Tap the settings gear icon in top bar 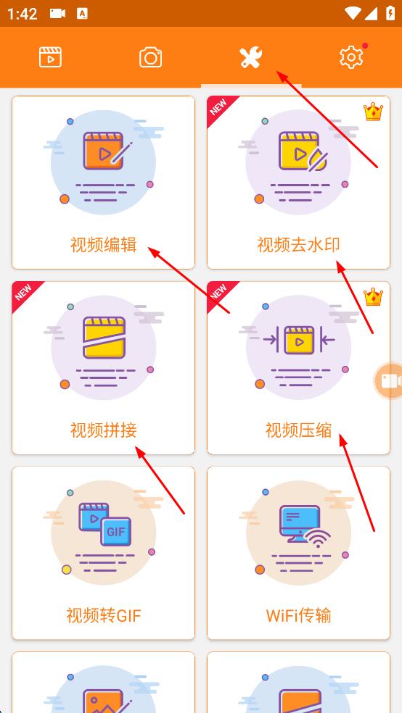point(351,57)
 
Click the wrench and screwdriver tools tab point(251,57)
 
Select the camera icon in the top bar point(151,57)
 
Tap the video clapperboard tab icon point(50,57)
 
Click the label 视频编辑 point(103,245)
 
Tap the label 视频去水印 point(298,245)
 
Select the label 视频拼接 point(103,430)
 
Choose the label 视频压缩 point(298,430)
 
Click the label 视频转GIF point(103,616)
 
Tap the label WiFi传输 point(298,616)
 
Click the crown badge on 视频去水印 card point(373,112)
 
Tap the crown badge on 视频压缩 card point(373,297)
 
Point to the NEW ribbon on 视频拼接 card point(24,293)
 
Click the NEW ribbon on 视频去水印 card point(218,107)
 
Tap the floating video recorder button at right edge point(390,381)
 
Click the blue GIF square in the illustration point(115,532)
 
